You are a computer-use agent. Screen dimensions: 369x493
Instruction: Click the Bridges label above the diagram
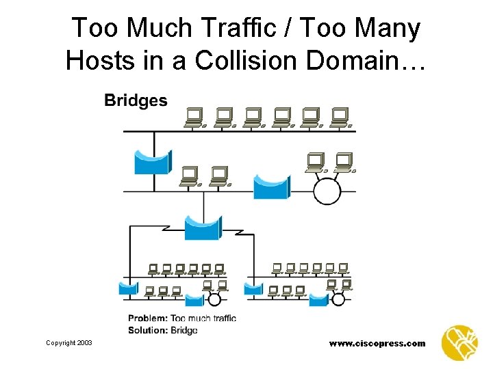[136, 100]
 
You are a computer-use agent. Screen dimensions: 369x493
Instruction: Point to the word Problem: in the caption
[147, 318]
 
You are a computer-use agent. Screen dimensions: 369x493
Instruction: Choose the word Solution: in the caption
[147, 330]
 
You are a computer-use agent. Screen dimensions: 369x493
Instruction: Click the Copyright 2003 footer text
[69, 342]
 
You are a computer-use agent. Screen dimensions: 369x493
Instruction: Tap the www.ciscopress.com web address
[377, 343]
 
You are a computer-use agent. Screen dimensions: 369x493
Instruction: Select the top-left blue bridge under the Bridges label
[153, 163]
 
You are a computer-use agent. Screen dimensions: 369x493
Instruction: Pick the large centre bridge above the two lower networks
[203, 227]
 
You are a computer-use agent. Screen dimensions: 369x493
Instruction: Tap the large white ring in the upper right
[327, 190]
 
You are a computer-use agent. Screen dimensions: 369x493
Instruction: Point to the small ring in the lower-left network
[214, 299]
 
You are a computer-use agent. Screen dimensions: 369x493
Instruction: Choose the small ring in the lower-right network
[337, 299]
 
